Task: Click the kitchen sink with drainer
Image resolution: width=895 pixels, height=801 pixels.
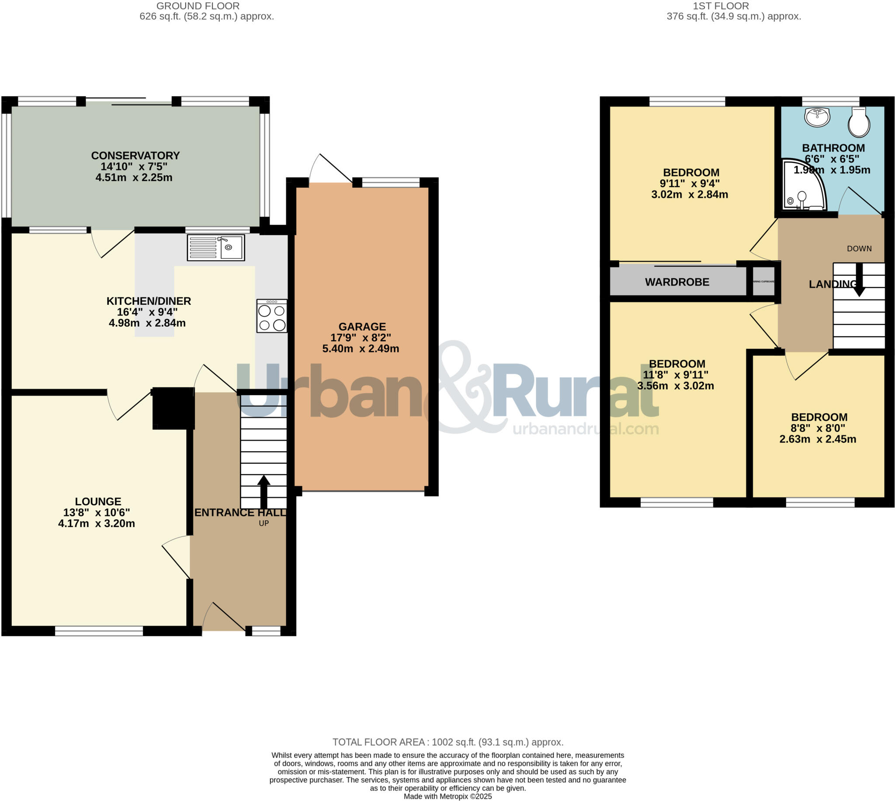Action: [x=215, y=247]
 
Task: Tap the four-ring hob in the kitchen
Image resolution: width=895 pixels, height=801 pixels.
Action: [x=272, y=316]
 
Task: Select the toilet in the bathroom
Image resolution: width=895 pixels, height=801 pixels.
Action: [x=859, y=123]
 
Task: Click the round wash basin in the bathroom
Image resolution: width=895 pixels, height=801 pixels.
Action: [x=817, y=117]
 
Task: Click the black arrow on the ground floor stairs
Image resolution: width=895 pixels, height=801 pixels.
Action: [x=264, y=491]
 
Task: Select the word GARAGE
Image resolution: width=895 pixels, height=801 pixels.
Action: [x=361, y=327]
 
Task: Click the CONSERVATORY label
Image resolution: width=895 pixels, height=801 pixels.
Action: [x=135, y=155]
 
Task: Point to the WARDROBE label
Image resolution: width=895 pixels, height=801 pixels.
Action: [x=676, y=282]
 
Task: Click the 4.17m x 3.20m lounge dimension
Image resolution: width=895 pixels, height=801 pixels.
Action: [x=97, y=523]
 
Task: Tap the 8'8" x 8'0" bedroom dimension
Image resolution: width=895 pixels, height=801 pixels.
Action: [x=818, y=428]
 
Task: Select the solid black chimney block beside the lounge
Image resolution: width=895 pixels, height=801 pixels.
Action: [x=173, y=408]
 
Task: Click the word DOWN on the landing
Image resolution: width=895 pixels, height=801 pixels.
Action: [x=859, y=249]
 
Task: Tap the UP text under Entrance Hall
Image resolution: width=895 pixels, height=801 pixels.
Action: [x=264, y=523]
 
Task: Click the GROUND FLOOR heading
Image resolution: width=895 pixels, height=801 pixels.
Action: [x=198, y=6]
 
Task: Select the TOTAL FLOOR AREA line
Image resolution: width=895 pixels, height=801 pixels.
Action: [x=447, y=742]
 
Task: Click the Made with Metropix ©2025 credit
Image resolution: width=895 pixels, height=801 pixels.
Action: [x=447, y=797]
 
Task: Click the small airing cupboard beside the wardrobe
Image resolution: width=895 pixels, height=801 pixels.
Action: [x=763, y=281]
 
